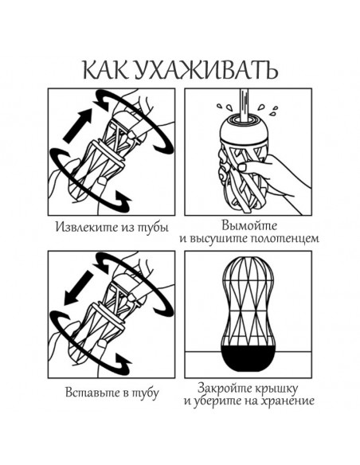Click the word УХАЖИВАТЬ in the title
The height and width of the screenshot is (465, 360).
pyautogui.click(x=205, y=70)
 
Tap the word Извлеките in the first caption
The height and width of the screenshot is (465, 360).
pyautogui.click(x=84, y=227)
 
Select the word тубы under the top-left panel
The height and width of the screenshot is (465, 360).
pyautogui.click(x=153, y=228)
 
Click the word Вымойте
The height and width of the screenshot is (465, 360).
pyautogui.click(x=249, y=225)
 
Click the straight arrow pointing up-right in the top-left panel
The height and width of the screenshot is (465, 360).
pyautogui.click(x=78, y=125)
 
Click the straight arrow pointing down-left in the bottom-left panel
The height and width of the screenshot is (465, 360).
pyautogui.click(x=79, y=287)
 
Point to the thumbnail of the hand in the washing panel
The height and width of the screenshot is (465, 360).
pyautogui.click(x=244, y=167)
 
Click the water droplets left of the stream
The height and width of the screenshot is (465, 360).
pyautogui.click(x=224, y=107)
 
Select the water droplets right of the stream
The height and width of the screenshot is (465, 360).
pyautogui.click(x=268, y=110)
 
